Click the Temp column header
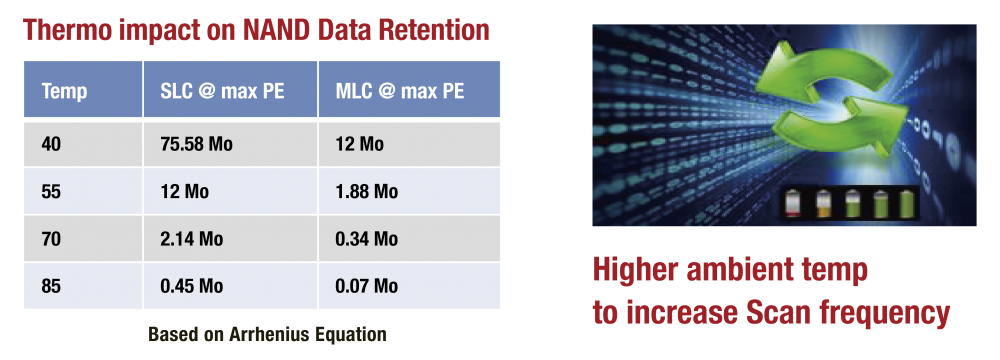pos(64,92)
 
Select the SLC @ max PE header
pos(222,91)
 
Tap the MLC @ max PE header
pos(400,91)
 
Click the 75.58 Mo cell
pos(196,144)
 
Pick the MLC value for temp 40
pos(360,144)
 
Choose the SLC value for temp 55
pos(185,191)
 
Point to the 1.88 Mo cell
pos(367,191)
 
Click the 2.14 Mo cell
pos(192,239)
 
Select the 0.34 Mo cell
pos(367,239)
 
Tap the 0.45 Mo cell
pos(192,286)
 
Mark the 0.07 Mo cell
pos(367,286)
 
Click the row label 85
pos(51,286)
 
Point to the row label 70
pos(51,239)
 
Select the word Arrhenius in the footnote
pos(276,334)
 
